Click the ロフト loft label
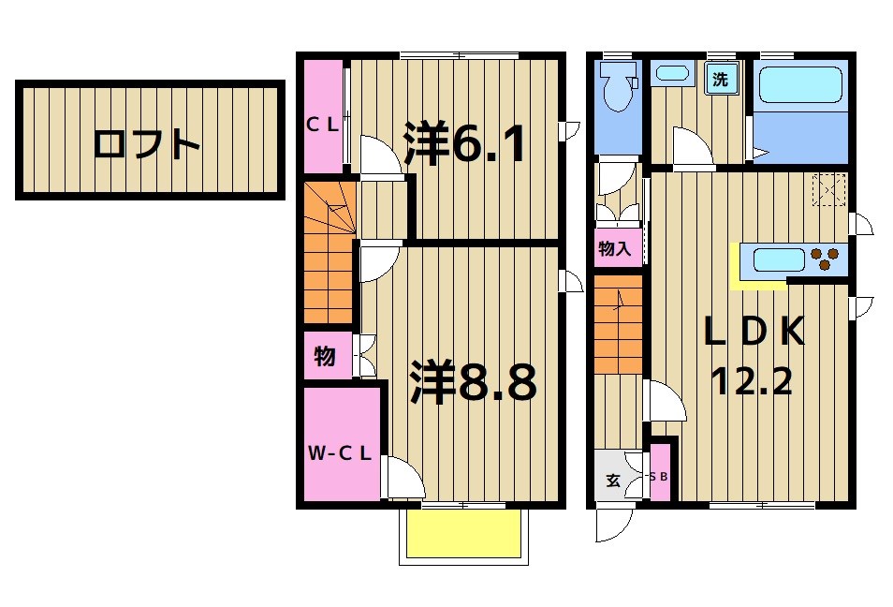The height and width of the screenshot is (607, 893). pos(148,145)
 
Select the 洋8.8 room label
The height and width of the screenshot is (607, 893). pos(473,382)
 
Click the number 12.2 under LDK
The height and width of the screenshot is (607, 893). pos(751,380)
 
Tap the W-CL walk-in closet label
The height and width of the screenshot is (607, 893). pos(341,454)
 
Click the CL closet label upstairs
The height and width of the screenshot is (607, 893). pos(324,123)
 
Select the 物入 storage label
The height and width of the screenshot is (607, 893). pos(615,249)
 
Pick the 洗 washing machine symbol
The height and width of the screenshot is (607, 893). pos(720,80)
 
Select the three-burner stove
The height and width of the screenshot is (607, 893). pos(825,259)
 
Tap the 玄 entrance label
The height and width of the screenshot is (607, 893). pos(612,481)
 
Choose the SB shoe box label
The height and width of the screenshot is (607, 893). pos(660,477)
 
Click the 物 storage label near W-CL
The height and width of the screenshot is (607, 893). pos(325,357)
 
